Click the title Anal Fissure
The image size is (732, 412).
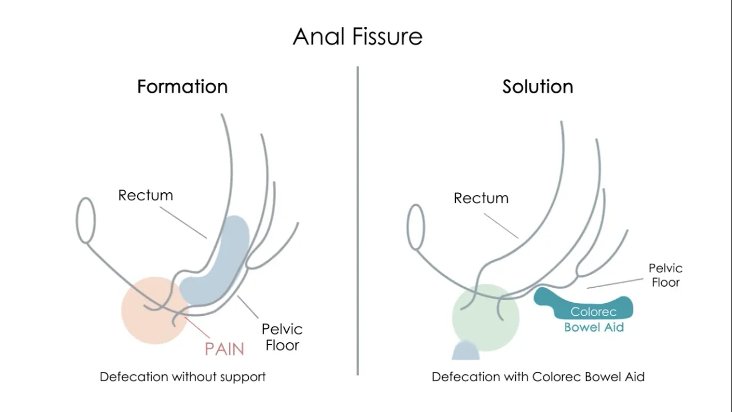(357, 36)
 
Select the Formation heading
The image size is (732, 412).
(182, 86)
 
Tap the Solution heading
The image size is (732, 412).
(538, 86)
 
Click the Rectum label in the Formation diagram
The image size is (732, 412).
(145, 195)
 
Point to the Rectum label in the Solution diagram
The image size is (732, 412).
(481, 198)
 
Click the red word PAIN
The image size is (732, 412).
(224, 349)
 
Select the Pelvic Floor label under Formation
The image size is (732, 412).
(282, 337)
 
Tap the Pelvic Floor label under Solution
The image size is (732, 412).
(665, 275)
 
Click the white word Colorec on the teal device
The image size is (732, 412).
(594, 312)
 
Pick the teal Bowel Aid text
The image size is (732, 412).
(594, 327)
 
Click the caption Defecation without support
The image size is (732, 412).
(182, 377)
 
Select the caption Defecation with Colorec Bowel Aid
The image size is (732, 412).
(538, 377)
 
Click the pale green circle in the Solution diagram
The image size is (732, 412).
(486, 318)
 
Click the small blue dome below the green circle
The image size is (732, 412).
(466, 351)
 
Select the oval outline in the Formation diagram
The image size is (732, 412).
(77, 220)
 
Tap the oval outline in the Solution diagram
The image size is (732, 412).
(408, 227)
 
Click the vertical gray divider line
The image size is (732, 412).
(358, 221)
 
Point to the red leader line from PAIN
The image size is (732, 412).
(197, 327)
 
